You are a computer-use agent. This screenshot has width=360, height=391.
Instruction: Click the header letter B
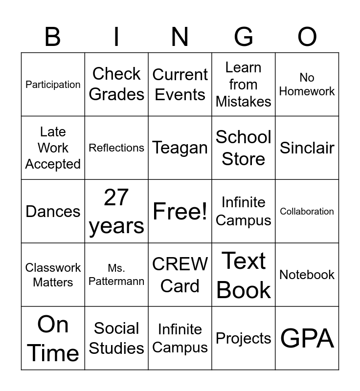point(53,37)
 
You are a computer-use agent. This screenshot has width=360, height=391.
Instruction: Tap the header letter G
point(244,37)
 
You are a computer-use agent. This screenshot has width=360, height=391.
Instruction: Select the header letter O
point(307,37)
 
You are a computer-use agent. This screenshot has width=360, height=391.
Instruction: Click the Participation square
point(53,85)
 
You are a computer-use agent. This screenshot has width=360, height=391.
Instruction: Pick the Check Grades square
point(116,84)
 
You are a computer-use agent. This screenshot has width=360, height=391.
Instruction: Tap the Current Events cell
point(180,84)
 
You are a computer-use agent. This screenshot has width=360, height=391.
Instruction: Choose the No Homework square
point(307,84)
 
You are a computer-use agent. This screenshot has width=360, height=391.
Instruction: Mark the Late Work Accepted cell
point(53,148)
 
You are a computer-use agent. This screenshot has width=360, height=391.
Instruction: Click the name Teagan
point(180,148)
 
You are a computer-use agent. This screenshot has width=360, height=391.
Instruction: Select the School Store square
point(244,148)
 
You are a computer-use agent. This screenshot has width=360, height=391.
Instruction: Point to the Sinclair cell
point(307,148)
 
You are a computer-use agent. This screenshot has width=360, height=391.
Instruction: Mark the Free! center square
point(180,211)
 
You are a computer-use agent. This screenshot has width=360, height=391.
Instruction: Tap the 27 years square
point(116,211)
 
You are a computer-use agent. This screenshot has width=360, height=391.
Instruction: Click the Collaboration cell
point(307,211)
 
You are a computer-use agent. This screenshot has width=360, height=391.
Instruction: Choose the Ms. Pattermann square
point(116,275)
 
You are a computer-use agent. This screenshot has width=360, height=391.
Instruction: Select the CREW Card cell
point(180,275)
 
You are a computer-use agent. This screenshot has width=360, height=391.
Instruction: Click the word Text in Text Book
point(244,261)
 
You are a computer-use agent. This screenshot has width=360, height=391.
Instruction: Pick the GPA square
point(307,338)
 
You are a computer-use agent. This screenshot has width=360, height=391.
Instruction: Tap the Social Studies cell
point(116,338)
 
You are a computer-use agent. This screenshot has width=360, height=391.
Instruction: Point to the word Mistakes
point(244,102)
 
